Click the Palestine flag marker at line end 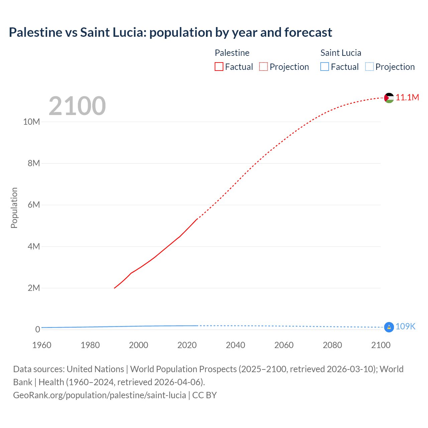[389, 98]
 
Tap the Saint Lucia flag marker [389, 327]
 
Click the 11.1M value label [407, 97]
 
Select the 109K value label [405, 327]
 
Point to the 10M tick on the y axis [31, 122]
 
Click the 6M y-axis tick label [33, 205]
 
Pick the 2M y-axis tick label [33, 288]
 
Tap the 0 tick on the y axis [37, 329]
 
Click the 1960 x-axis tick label [42, 345]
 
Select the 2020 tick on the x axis [187, 345]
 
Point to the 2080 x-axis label [332, 345]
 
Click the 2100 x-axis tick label [381, 345]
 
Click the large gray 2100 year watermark [77, 106]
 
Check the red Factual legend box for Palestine [219, 67]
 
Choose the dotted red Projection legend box [263, 67]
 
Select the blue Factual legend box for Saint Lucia [325, 67]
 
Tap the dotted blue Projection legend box [369, 67]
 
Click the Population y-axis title [14, 208]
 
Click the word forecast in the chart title [308, 32]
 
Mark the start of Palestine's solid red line [114, 288]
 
